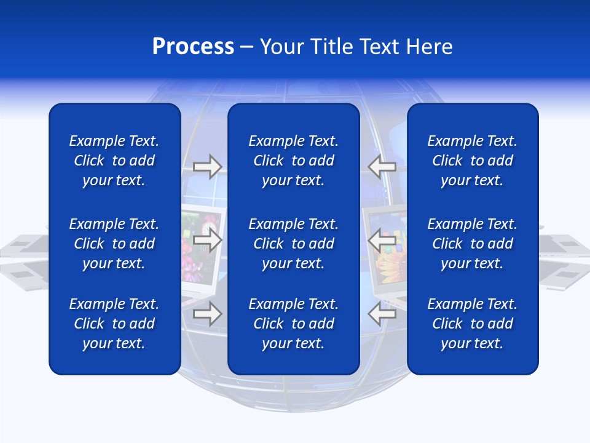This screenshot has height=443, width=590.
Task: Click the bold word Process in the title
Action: pos(193,47)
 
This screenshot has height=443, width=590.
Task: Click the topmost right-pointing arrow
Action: pos(207,167)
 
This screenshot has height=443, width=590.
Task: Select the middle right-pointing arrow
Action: pos(207,240)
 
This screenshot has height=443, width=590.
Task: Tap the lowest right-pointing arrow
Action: pos(207,314)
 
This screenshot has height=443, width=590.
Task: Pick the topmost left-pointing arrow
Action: pos(382,167)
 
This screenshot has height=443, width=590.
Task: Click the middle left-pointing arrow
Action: pos(382,240)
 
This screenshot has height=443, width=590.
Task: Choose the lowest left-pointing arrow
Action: pos(382,314)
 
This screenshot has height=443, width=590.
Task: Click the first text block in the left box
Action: pos(114,161)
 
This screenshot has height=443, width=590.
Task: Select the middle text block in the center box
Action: pos(293,244)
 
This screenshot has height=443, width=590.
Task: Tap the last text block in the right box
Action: pos(472,324)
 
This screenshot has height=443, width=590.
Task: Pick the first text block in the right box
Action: pos(472,161)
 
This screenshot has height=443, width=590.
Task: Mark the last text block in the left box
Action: pos(114,324)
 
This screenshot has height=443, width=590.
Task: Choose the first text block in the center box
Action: pos(293,161)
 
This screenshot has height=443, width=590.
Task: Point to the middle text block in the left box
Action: pos(114,244)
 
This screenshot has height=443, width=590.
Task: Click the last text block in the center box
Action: pos(293,324)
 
